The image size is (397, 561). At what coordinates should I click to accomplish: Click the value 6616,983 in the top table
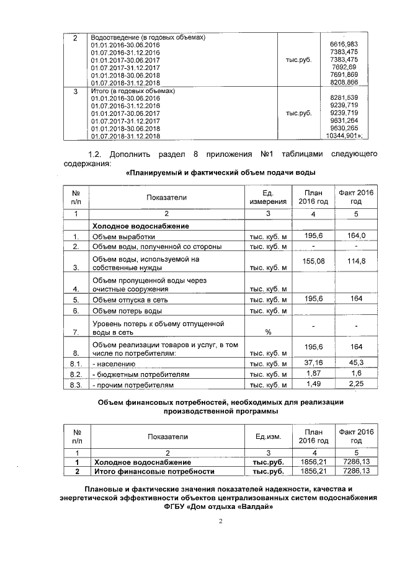344,45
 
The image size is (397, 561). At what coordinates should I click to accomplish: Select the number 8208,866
344,82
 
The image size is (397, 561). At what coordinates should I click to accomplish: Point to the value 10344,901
343,135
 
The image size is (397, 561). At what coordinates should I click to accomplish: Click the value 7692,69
346,67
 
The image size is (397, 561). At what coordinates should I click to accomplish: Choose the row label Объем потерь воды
127,311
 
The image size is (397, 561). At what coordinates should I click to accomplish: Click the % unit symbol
268,332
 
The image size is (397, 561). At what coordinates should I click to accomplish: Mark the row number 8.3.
76,386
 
